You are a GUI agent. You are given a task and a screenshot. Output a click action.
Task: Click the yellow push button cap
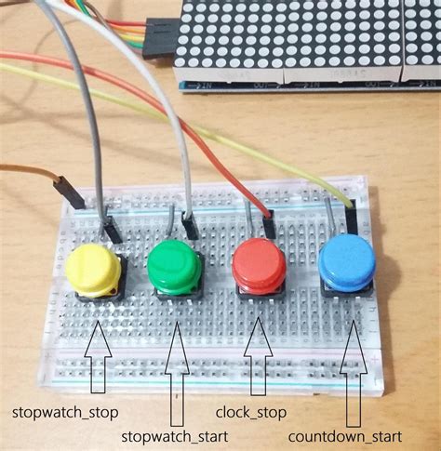point(93,267)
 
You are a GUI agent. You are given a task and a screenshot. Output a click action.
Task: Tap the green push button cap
point(174,264)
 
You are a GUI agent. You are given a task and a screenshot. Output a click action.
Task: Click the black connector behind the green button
point(190,225)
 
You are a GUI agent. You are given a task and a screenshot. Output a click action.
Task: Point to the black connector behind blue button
point(352,219)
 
